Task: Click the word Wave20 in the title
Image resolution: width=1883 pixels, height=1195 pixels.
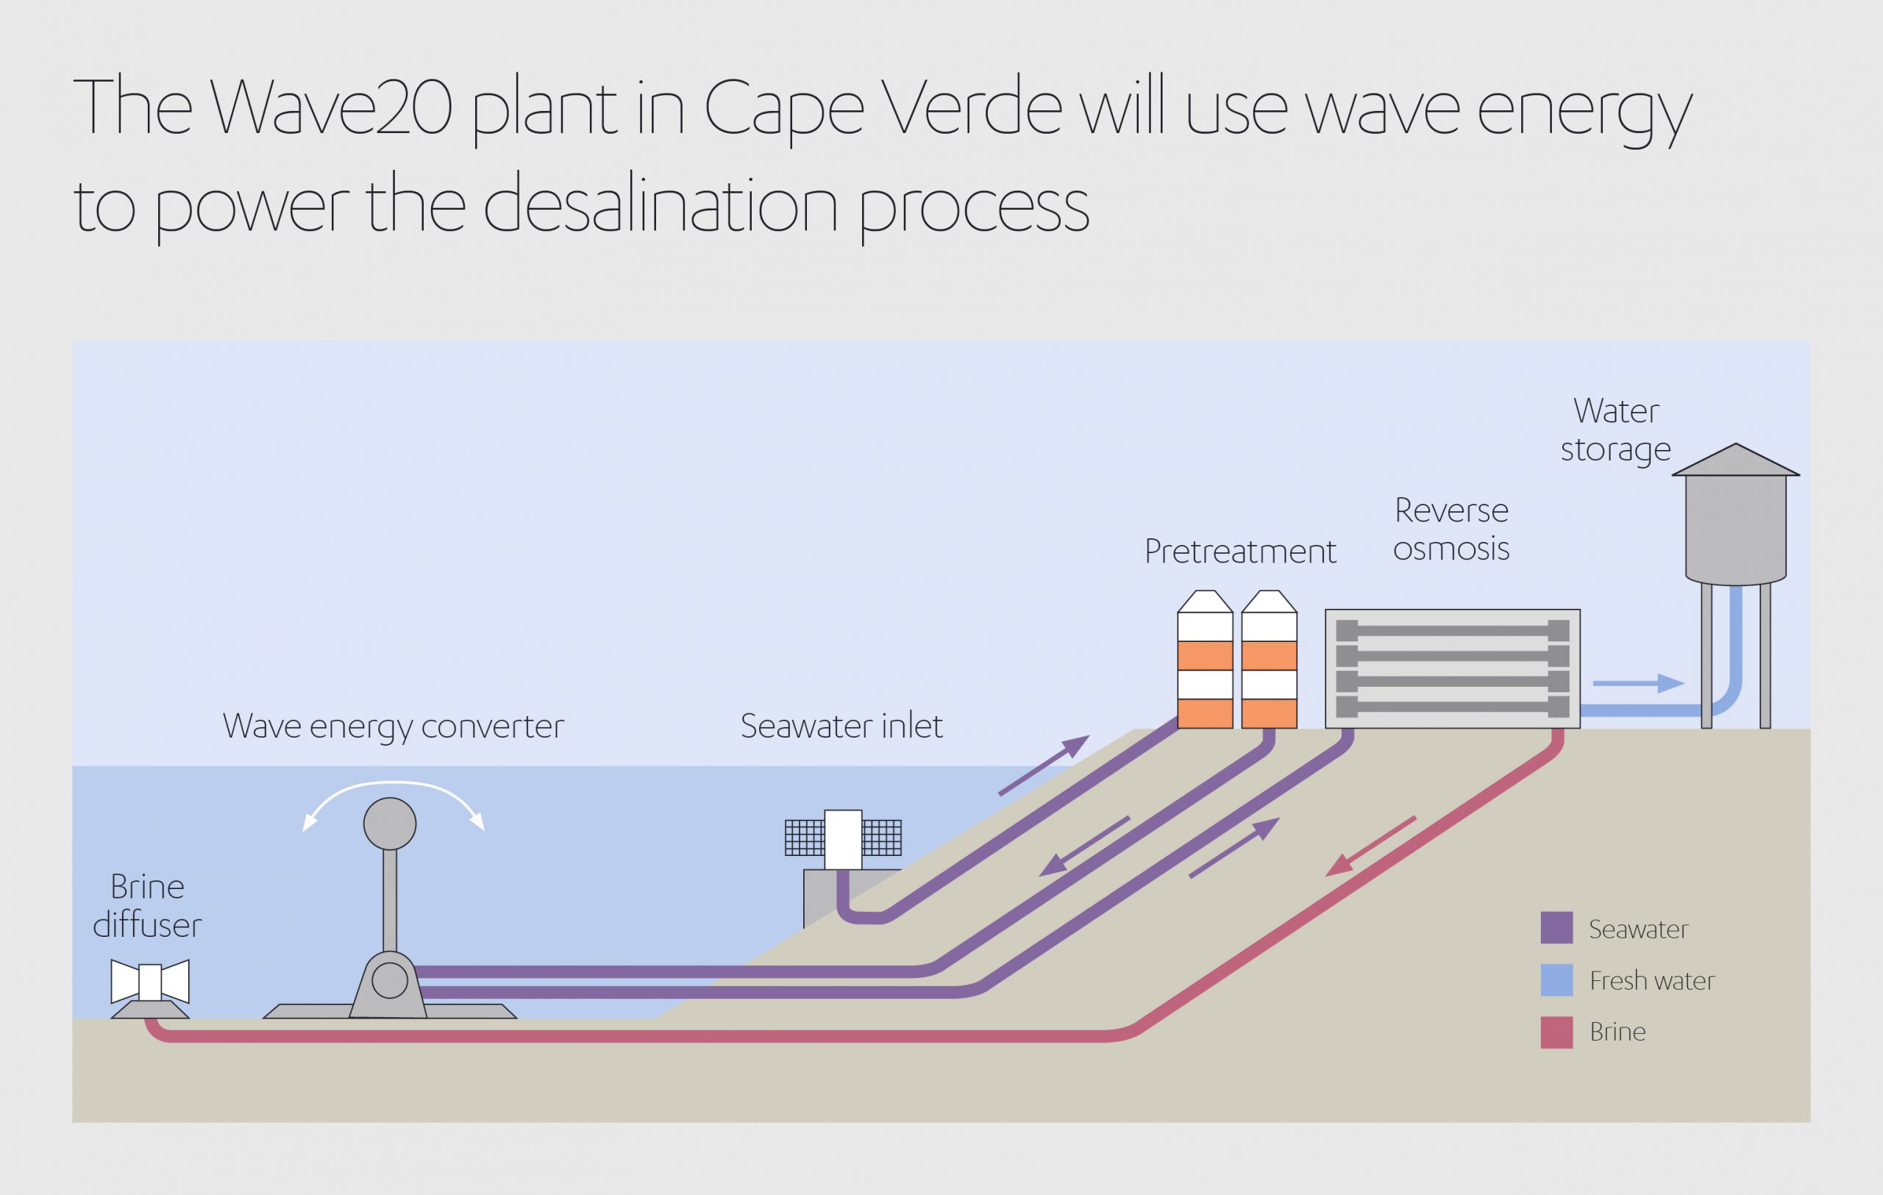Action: click(332, 107)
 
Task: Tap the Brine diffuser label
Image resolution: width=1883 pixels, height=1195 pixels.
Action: click(147, 906)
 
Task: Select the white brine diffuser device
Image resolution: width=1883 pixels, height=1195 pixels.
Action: click(150, 982)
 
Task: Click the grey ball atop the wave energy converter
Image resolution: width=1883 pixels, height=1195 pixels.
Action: click(389, 824)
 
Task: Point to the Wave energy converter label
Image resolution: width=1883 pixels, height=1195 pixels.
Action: click(394, 726)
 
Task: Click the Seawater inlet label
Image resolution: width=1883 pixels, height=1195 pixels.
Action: click(841, 726)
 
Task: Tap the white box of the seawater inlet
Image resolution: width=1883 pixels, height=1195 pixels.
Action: click(843, 839)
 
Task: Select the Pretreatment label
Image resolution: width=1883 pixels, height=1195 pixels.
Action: click(1240, 552)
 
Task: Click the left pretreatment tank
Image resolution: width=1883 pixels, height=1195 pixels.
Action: click(1205, 661)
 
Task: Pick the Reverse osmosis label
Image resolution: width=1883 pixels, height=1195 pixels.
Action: click(1451, 529)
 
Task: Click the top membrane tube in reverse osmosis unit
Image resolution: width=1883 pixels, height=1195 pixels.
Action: click(1453, 630)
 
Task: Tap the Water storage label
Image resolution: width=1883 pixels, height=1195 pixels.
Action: click(1616, 430)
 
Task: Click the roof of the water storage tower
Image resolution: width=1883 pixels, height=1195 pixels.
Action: click(1736, 462)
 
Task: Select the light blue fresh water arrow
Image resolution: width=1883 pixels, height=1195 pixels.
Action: click(1638, 683)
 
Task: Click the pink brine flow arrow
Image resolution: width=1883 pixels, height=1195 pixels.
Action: click(1370, 846)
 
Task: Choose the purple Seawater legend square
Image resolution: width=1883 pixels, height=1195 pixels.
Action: click(1556, 928)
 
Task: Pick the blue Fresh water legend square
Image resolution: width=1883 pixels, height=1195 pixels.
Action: click(1556, 980)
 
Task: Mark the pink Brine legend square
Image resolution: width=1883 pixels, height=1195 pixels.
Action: click(1556, 1032)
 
